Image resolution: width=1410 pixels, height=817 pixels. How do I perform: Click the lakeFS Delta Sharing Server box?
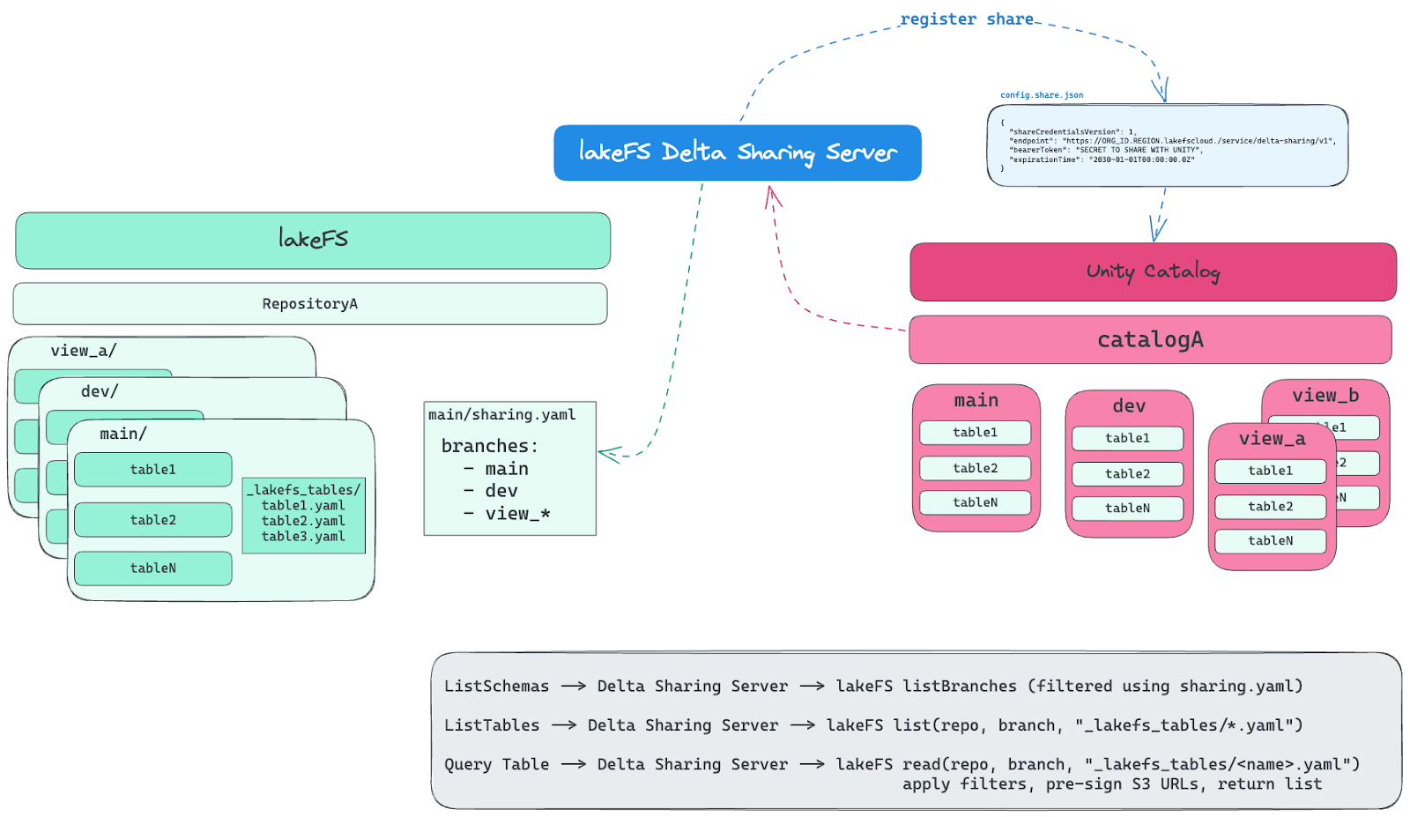[737, 152]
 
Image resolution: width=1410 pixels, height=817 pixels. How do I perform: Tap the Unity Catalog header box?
[1153, 271]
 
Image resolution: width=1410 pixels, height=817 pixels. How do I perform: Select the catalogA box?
[1150, 340]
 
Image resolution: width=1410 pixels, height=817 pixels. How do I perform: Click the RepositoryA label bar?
[310, 304]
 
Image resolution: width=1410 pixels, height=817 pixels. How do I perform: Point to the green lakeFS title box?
[313, 240]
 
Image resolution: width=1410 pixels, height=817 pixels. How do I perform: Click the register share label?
[967, 19]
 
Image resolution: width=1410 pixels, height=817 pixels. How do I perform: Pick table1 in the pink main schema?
[975, 433]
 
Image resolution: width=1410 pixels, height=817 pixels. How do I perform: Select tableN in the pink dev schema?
[1127, 509]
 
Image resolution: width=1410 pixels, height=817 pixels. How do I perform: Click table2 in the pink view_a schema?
[1270, 507]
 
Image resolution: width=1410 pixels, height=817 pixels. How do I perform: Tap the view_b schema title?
[1325, 396]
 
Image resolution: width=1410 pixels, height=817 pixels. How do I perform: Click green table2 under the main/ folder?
[153, 520]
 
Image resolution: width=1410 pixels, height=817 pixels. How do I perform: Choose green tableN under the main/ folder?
[153, 568]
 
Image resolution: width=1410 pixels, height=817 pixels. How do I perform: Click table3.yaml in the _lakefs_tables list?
[303, 537]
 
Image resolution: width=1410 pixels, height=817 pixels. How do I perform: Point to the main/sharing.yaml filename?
[501, 415]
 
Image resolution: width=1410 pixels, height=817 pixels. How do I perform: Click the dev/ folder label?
[100, 391]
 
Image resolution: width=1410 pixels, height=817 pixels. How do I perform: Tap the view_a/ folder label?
[84, 351]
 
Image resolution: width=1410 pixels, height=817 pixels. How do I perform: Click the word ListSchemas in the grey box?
[496, 687]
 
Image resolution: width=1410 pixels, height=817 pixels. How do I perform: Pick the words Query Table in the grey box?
[496, 765]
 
